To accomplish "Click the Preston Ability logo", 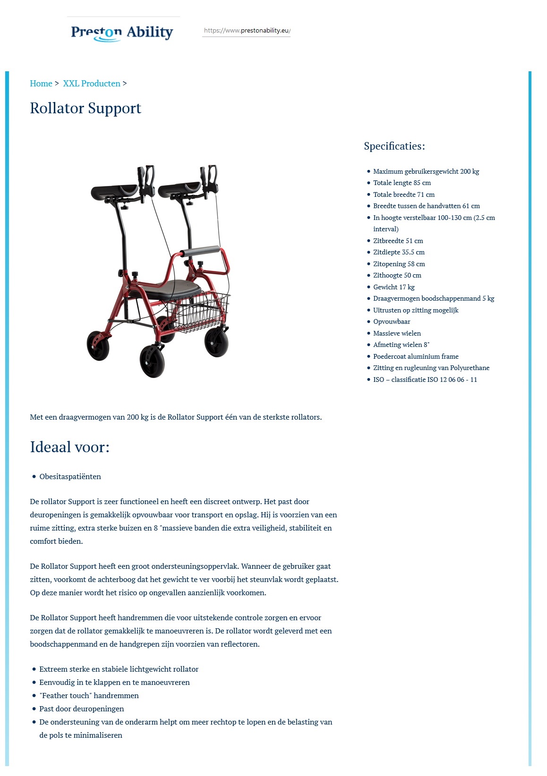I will (122, 32).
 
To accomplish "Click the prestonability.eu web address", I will (247, 31).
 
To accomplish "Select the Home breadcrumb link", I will (41, 84).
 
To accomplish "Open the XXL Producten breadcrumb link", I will (92, 84).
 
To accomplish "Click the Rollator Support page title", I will (85, 108).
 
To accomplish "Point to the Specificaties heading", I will (394, 146).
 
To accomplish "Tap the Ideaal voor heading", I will (69, 447).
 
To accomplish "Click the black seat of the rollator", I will (172, 288).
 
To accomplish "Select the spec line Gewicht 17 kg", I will (394, 287).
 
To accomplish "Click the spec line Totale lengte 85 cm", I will (402, 183).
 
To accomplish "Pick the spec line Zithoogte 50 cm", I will (397, 275).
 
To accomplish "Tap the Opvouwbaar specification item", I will (392, 321).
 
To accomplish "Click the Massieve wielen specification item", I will (397, 333).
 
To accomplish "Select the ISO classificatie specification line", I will (425, 380).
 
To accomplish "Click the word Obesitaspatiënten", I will (70, 477).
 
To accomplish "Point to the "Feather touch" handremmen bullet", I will (89, 695).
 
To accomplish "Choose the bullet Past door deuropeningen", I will (82, 709).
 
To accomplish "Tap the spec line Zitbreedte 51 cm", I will (398, 241).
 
